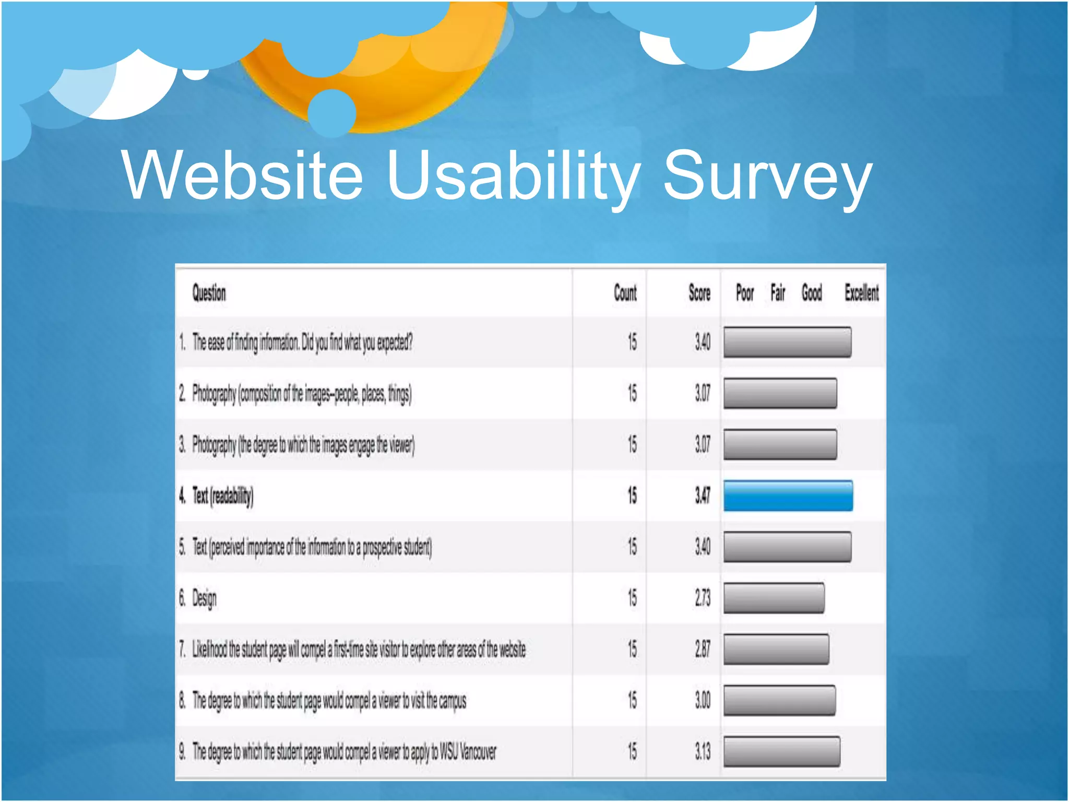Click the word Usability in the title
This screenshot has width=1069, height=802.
513,175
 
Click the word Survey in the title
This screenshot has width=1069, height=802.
767,175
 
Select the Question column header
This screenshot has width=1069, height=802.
209,293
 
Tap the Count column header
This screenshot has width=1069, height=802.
625,293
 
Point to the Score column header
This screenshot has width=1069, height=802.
699,293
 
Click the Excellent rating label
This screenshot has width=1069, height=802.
861,293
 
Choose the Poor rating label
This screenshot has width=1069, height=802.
745,293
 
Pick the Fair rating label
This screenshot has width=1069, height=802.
778,293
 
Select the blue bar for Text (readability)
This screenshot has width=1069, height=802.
788,496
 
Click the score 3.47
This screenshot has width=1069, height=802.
703,496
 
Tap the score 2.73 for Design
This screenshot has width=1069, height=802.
703,598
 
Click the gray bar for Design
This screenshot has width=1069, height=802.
774,598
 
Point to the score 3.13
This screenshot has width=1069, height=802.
703,751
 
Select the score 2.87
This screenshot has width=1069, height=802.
703,649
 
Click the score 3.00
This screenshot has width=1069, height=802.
703,700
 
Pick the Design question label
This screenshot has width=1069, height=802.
204,598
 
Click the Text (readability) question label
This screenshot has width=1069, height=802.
223,496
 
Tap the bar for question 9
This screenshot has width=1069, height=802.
781,751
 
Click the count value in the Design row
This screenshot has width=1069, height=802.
632,598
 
